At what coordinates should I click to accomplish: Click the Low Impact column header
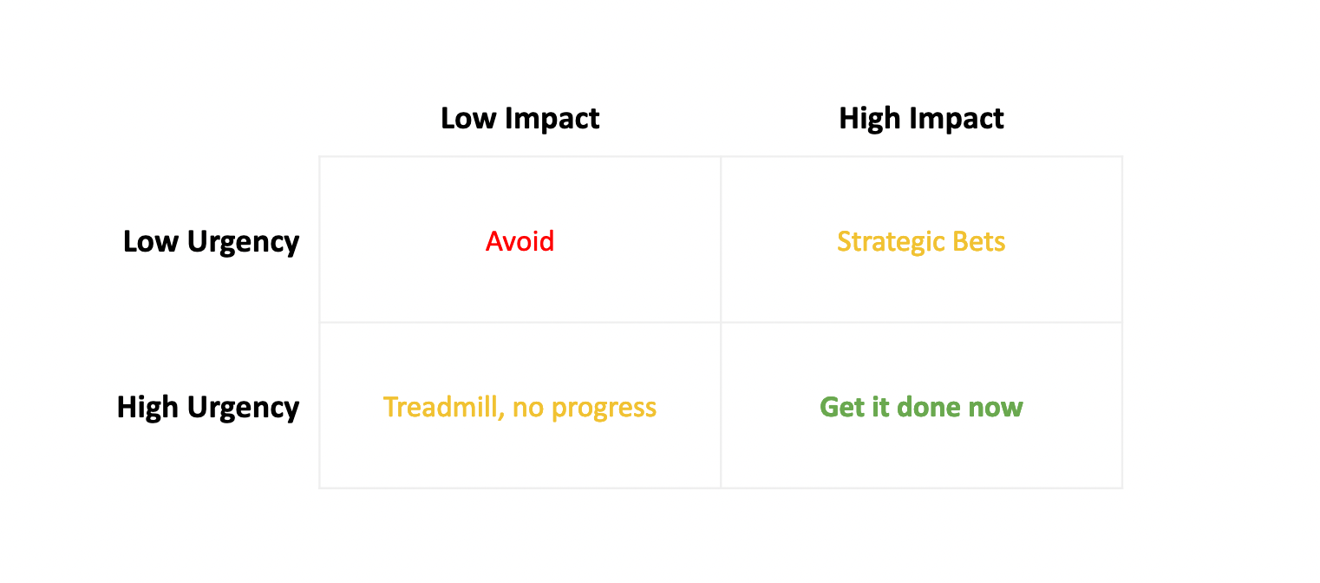click(x=520, y=119)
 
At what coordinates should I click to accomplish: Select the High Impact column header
click(x=921, y=119)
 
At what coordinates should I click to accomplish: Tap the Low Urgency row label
click(x=211, y=242)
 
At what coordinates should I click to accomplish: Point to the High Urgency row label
click(x=208, y=408)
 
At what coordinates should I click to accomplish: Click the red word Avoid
click(x=520, y=241)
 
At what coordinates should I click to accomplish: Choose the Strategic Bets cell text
click(x=921, y=242)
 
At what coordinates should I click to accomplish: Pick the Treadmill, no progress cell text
click(x=520, y=408)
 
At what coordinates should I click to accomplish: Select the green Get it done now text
click(x=921, y=407)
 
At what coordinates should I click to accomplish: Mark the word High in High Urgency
click(x=147, y=408)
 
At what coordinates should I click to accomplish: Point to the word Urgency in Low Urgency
click(x=244, y=243)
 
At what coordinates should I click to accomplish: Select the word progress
click(x=604, y=409)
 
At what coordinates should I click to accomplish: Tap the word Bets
click(x=979, y=242)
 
